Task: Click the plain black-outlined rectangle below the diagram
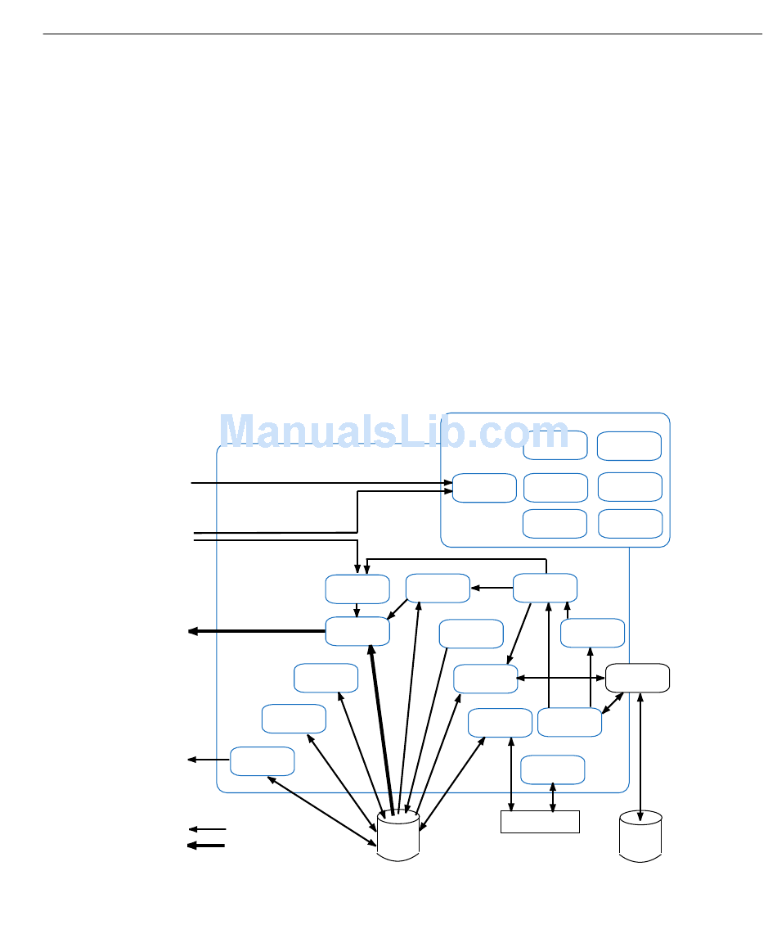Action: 540,821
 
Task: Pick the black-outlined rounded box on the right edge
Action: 637,678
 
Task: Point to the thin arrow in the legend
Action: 207,830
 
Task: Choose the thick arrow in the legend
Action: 206,846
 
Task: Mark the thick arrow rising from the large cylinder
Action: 382,729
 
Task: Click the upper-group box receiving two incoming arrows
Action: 484,488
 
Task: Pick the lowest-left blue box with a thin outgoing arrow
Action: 262,760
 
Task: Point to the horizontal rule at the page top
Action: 402,34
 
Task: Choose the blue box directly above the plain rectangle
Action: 552,769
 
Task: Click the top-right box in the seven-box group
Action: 629,445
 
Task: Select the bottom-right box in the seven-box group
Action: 630,524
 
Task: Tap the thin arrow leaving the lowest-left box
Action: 209,760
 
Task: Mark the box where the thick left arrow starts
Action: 357,631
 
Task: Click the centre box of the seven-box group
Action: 555,488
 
